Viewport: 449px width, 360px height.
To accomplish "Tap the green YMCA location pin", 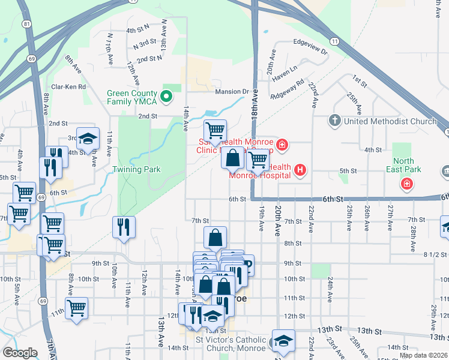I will coord(167,95).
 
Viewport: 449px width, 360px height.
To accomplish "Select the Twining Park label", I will coord(137,170).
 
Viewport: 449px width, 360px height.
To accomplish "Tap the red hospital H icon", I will coord(301,172).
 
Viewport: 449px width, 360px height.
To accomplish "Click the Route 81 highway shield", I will coord(26,24).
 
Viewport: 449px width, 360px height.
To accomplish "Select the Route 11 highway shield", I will coord(334,41).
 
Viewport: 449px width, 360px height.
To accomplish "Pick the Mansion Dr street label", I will coord(237,92).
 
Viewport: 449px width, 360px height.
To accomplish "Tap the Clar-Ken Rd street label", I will coord(68,86).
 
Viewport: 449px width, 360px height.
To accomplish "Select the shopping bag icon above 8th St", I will coord(215,238).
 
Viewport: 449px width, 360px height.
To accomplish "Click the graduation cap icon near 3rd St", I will coord(88,139).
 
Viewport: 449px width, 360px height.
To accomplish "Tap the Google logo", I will coord(20,353).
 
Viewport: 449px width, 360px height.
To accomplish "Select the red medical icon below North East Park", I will coord(407,183).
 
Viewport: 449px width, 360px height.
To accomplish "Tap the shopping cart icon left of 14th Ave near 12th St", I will coord(76,308).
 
